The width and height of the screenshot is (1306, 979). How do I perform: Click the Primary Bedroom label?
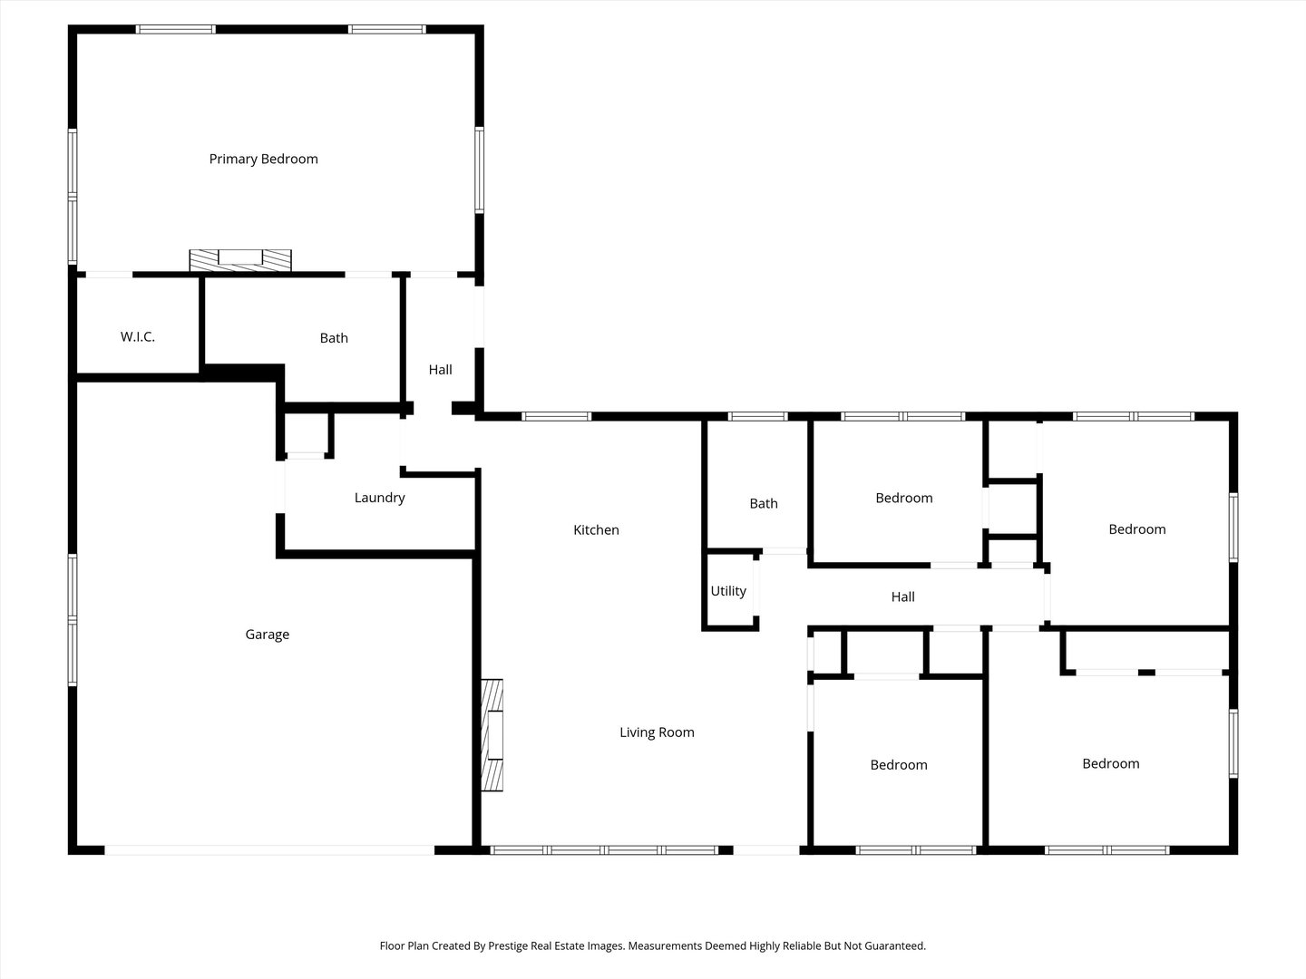tap(263, 160)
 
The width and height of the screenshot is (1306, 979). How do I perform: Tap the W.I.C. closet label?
tap(138, 337)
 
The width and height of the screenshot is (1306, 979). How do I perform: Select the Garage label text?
tap(267, 635)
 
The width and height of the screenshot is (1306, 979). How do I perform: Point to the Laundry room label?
tap(379, 498)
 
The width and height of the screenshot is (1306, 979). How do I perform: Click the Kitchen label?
tap(596, 530)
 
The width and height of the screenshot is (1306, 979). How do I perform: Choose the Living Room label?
tap(657, 732)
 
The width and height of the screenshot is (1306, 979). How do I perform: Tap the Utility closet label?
tap(728, 591)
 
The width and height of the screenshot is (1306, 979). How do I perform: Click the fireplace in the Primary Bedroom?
tap(240, 259)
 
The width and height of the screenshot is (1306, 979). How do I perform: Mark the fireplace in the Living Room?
tap(492, 735)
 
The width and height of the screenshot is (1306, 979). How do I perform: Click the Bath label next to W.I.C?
tap(334, 338)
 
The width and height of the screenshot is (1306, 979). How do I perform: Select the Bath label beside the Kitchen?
tap(764, 504)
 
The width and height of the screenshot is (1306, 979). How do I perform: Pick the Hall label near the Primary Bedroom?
tap(441, 370)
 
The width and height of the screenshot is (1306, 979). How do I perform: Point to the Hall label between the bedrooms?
tap(902, 596)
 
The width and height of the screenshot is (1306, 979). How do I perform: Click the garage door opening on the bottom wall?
tap(269, 850)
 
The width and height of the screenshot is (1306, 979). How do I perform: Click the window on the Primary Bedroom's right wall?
tap(479, 170)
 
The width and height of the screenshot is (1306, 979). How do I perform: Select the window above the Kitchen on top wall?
tap(557, 417)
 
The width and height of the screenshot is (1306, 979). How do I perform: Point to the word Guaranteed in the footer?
tap(894, 945)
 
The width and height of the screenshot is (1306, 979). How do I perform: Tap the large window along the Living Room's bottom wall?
tap(604, 850)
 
